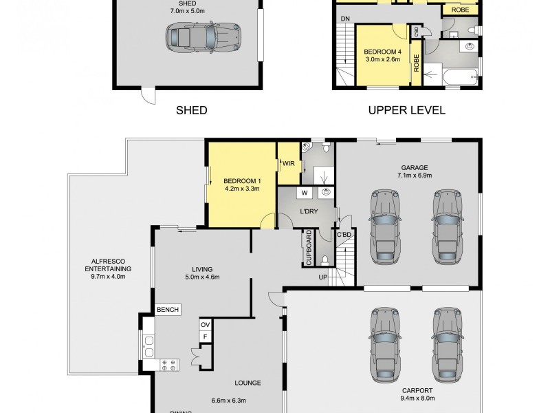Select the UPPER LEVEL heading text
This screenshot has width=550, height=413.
[x=406, y=109]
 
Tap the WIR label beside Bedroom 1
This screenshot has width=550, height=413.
[x=287, y=163]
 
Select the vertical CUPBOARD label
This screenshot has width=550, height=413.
[x=309, y=248]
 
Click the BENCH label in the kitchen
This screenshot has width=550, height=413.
[x=167, y=310]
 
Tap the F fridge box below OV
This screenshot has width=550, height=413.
[x=204, y=336]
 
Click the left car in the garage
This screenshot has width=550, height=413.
[x=384, y=226]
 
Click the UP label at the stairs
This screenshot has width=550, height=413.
[x=322, y=277]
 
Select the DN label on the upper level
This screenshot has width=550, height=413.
[x=344, y=19]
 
